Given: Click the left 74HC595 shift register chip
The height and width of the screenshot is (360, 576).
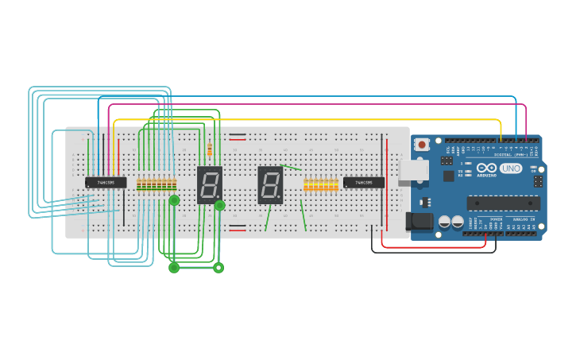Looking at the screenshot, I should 106,182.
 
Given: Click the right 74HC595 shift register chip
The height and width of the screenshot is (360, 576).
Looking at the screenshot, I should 364,182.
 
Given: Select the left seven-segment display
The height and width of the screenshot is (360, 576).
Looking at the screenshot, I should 209,184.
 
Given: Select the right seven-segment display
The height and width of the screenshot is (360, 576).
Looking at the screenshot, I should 270,184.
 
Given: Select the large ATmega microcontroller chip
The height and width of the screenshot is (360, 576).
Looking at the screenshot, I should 503,202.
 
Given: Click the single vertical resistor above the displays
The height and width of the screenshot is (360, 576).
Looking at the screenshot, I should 210,149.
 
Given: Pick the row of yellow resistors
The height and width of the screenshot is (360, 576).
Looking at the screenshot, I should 321,185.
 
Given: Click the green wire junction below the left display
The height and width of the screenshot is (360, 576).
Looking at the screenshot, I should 220,205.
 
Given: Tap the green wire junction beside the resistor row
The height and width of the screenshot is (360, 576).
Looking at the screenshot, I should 174,200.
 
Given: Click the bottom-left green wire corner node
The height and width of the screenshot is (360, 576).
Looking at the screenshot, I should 174,268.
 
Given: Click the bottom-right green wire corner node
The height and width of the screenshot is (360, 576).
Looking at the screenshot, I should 218,268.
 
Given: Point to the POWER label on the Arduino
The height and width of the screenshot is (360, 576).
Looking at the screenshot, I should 497,218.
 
